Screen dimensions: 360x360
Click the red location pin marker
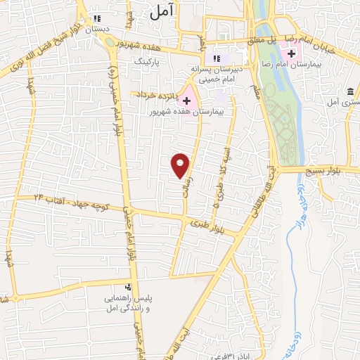pyautogui.click(x=181, y=165)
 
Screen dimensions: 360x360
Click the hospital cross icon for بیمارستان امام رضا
pyautogui.click(x=290, y=53)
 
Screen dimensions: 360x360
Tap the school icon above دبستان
pyautogui.click(x=97, y=18)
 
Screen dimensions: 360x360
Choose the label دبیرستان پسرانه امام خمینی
pyautogui.click(x=217, y=74)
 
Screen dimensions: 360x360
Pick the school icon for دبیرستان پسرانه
pyautogui.click(x=217, y=58)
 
